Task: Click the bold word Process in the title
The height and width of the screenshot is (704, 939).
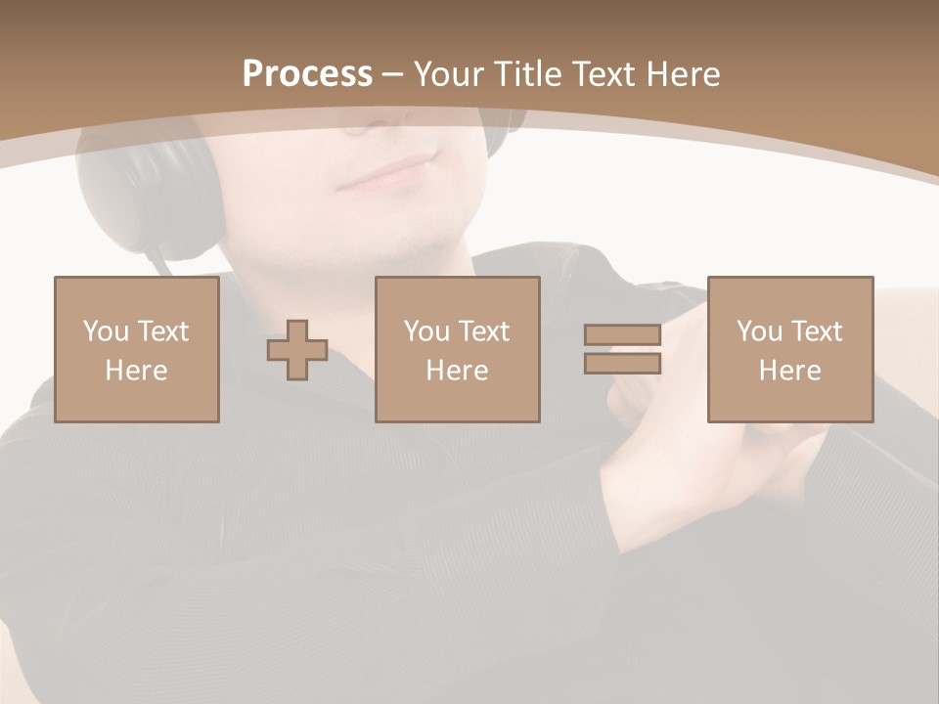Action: (307, 74)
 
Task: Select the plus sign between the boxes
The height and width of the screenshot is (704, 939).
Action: (297, 350)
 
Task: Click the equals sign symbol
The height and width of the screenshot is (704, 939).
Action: (622, 349)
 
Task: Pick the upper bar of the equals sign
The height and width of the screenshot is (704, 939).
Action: (622, 334)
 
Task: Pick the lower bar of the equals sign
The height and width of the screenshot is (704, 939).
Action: (622, 364)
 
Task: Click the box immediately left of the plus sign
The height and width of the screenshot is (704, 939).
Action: (137, 350)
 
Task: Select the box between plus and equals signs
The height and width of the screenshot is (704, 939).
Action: (458, 350)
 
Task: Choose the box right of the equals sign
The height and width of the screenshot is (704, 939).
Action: (790, 350)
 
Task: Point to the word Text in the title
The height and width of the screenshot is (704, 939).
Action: (602, 74)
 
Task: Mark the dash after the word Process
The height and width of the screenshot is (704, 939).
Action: (393, 74)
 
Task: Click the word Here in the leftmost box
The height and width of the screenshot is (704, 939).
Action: (137, 371)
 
